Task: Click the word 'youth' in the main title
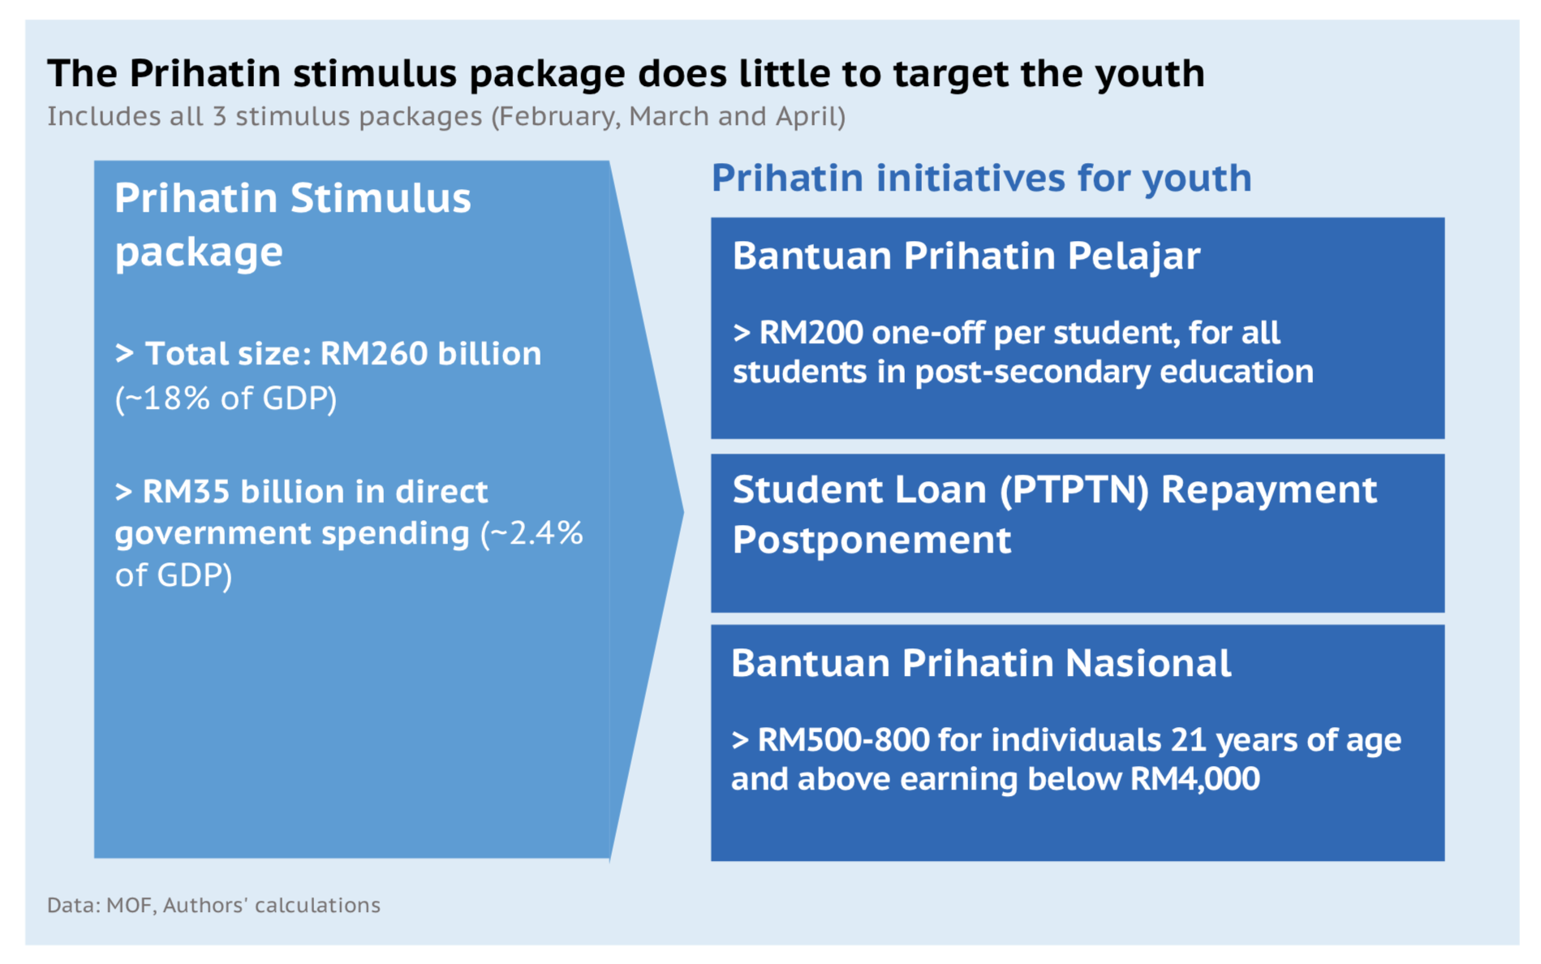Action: click(1150, 75)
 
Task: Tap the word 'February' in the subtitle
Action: click(559, 117)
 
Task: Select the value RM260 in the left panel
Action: click(373, 354)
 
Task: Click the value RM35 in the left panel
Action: click(185, 492)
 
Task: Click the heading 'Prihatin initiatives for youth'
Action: click(981, 179)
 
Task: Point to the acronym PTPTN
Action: click(1074, 490)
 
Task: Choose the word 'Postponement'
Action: click(872, 540)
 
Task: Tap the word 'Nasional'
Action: click(1147, 663)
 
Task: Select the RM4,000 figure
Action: click(1195, 779)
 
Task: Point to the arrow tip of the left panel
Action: click(682, 511)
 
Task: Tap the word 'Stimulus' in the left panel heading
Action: click(381, 199)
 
